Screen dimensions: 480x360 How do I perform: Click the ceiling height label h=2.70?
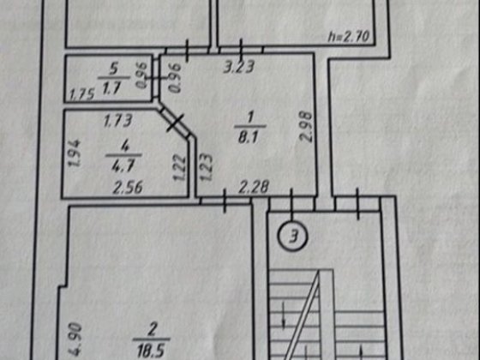click(348, 37)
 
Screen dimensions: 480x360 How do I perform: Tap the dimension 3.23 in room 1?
click(239, 67)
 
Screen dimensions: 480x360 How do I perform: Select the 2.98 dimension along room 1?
click(307, 127)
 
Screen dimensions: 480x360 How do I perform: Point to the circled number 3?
click(293, 237)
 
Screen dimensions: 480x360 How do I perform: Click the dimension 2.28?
click(254, 187)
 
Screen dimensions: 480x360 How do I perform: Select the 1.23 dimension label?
click(206, 167)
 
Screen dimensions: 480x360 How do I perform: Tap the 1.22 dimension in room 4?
click(180, 167)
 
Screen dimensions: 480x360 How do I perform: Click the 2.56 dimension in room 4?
click(128, 188)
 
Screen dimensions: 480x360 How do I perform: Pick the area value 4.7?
click(123, 166)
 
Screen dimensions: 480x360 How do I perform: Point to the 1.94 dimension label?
click(75, 153)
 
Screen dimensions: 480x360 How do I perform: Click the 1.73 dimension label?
click(117, 121)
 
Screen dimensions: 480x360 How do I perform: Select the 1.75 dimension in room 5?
click(81, 94)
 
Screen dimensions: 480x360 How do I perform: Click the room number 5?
click(113, 69)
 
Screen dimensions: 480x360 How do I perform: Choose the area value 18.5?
click(151, 351)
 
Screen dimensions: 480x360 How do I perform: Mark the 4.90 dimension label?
click(75, 339)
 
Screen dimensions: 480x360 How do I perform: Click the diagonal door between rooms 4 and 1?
click(175, 123)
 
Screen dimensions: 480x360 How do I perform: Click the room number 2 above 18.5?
click(152, 331)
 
